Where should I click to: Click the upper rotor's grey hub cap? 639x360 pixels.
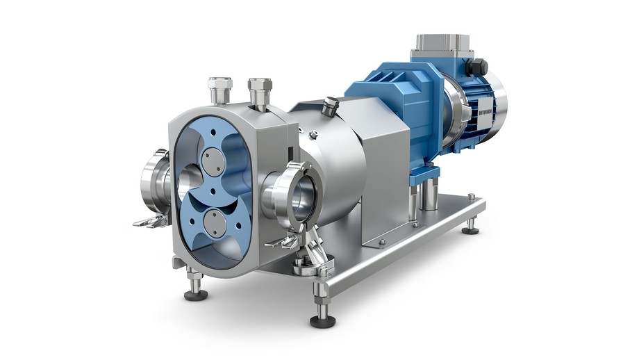[x=214, y=162]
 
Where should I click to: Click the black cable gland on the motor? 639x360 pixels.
[x=479, y=67]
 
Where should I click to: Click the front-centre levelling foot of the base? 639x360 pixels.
[x=320, y=316]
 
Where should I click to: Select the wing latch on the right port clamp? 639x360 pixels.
[x=283, y=241]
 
